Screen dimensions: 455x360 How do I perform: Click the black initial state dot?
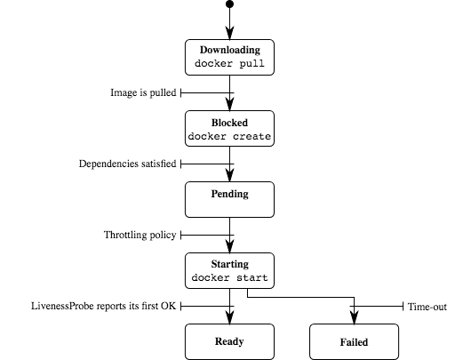pos(229,4)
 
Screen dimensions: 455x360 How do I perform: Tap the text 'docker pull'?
pos(229,64)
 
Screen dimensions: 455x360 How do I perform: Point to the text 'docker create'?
pos(229,136)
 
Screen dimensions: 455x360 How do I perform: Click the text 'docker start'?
pos(229,277)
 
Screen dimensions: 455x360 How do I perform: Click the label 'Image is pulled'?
pos(143,92)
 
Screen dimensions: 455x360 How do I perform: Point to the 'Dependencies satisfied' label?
pos(128,164)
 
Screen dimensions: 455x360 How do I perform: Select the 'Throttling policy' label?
pos(140,235)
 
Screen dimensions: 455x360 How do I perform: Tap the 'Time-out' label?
pos(427,307)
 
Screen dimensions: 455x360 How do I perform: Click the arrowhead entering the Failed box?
pos(354,317)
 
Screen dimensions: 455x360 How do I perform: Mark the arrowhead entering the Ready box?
pos(229,317)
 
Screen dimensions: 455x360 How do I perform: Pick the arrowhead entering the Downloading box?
pos(229,33)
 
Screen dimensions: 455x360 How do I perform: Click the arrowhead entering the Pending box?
pos(229,175)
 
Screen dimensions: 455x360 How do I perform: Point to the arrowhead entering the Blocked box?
pos(229,104)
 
